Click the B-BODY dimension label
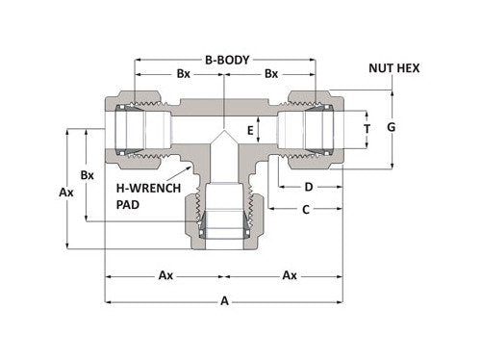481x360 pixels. pos(225,58)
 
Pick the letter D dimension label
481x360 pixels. pos(309,186)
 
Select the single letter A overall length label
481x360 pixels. pos(225,301)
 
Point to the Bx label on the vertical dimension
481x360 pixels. pos(88,175)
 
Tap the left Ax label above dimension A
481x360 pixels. pos(165,275)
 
